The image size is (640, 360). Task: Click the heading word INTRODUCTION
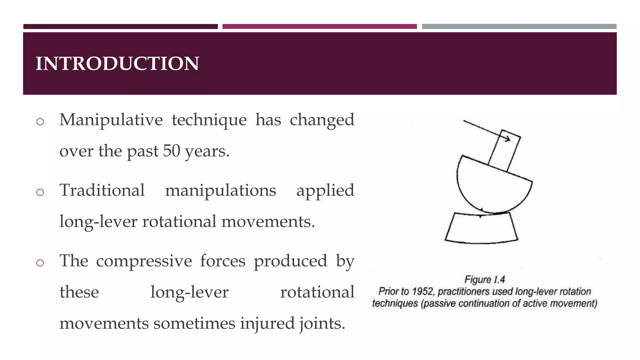(x=117, y=63)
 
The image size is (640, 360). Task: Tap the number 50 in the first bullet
(x=172, y=151)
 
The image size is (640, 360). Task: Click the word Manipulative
(x=111, y=120)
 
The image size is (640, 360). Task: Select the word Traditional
(x=102, y=190)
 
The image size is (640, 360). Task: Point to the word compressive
(x=144, y=261)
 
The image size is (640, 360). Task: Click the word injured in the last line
(x=267, y=323)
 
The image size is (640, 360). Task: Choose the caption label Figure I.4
(x=484, y=279)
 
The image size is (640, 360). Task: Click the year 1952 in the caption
(x=422, y=292)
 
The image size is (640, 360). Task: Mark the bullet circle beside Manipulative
(x=40, y=122)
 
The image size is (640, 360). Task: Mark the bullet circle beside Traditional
(x=40, y=192)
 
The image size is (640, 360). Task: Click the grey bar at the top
(x=519, y=27)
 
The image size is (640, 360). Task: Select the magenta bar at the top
(x=319, y=27)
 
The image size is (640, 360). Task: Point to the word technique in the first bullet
(x=209, y=120)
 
